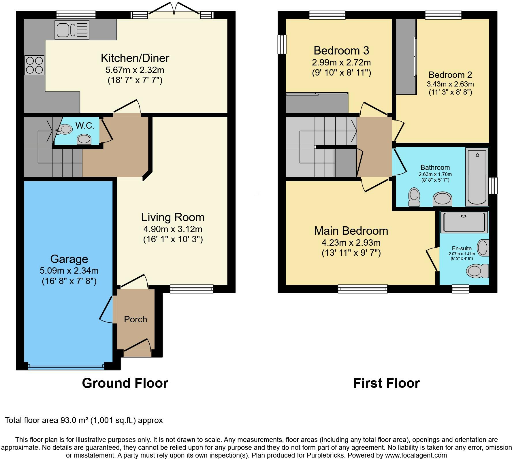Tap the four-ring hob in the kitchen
[35, 65]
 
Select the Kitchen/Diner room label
[135, 58]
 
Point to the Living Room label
[173, 217]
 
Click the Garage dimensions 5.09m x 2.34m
[69, 271]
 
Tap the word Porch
[135, 319]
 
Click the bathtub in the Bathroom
[477, 177]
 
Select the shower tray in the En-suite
[464, 222]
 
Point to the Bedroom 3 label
[341, 50]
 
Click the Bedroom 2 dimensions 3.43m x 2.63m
[450, 84]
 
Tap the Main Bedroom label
[351, 231]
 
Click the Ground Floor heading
[125, 383]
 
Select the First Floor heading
[386, 383]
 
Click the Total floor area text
[84, 420]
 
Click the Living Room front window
[191, 289]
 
